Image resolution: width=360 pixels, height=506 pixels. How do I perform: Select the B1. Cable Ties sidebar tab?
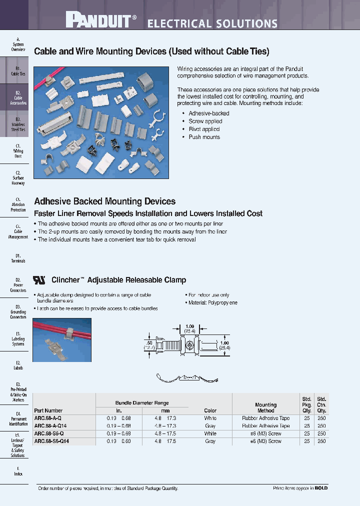point(18,71)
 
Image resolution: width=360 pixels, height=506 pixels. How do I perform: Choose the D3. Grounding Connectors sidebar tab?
point(18,311)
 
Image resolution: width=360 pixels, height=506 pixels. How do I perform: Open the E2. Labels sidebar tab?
point(18,365)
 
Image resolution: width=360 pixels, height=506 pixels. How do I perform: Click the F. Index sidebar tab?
point(18,471)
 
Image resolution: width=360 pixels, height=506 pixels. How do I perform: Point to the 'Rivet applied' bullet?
point(204,129)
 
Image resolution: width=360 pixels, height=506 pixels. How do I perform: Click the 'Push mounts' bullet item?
point(204,137)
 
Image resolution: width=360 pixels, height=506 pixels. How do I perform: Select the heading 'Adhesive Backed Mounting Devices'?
point(104,201)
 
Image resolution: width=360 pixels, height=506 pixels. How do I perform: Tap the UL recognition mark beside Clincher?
point(39,280)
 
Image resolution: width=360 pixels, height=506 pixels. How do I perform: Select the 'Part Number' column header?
point(48,410)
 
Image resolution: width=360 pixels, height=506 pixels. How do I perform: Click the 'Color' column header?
point(210,410)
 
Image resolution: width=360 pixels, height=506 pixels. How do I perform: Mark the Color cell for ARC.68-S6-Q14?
point(210,441)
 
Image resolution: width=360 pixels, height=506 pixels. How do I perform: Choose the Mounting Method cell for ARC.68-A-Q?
point(265,418)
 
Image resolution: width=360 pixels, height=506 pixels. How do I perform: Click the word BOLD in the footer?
point(321,488)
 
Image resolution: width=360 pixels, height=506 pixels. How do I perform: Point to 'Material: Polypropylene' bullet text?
point(212,303)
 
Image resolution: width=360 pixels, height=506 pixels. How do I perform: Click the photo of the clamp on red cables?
point(62,339)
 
